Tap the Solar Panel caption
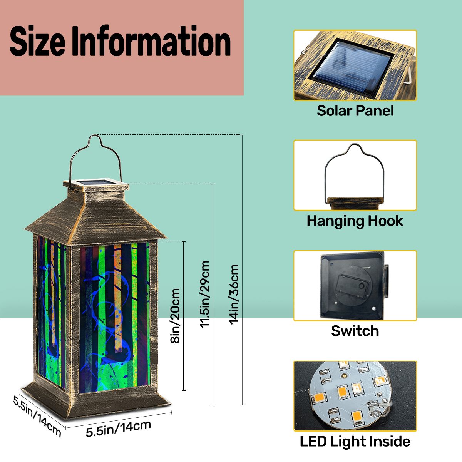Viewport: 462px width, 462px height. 355,111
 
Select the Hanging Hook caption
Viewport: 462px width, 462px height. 355,221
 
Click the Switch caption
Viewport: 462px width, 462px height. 355,331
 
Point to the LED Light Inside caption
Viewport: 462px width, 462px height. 355,441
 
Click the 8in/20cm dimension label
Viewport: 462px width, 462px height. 175,316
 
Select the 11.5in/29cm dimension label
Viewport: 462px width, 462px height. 205,295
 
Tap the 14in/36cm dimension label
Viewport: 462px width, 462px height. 234,295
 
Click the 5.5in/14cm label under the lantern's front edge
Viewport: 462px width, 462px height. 118,428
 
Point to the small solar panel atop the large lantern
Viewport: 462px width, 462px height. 98,182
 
